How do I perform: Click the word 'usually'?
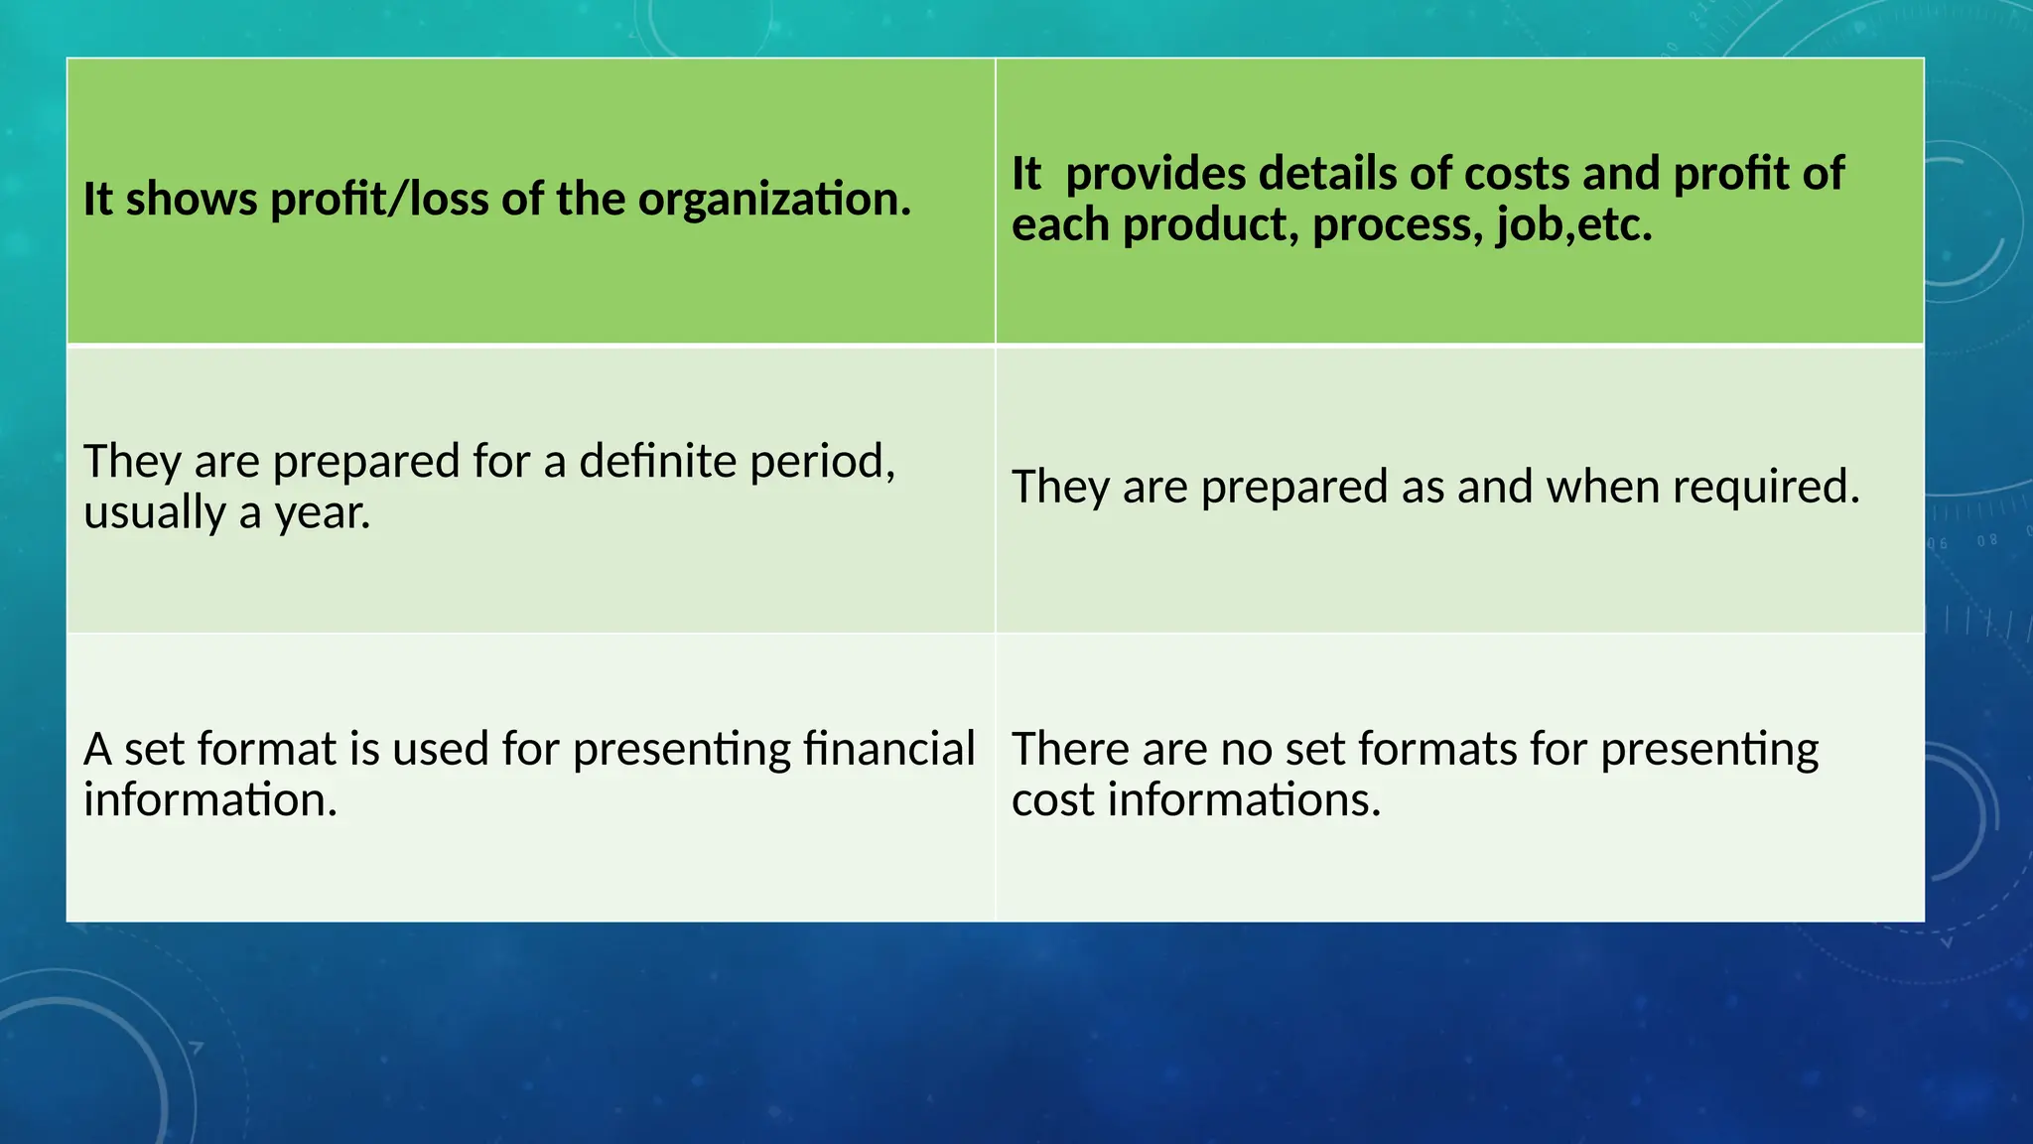pos(155,513)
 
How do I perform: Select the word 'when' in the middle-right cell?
pos(1602,488)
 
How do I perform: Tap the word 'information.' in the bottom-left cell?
pos(210,800)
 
